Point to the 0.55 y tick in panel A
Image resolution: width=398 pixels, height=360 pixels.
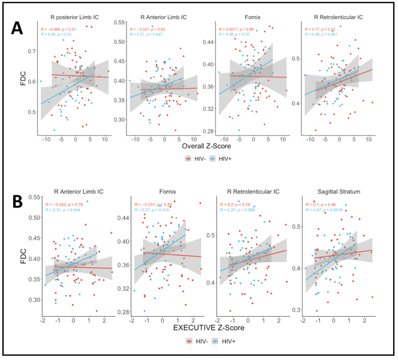(120, 22)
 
